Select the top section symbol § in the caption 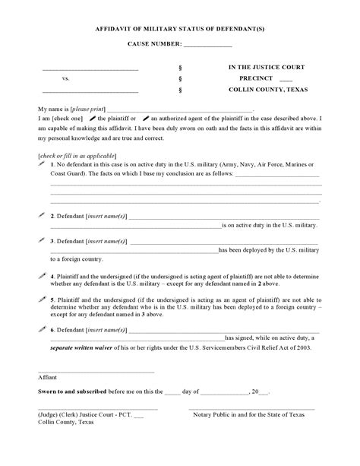pos(179,67)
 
